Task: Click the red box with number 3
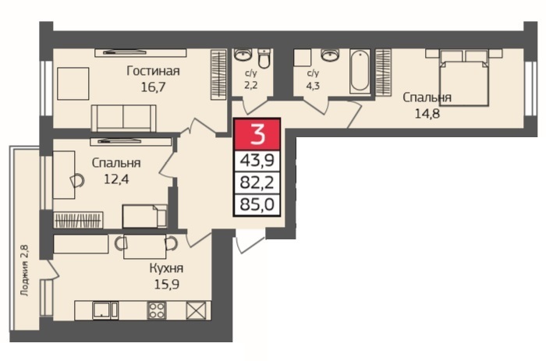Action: (x=257, y=134)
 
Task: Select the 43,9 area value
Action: (x=257, y=161)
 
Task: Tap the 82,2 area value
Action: (x=257, y=182)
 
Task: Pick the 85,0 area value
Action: (x=257, y=204)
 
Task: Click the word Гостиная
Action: (x=153, y=71)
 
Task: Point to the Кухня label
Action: (x=166, y=268)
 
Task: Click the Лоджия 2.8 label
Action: (x=24, y=271)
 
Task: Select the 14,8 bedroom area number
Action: (x=427, y=114)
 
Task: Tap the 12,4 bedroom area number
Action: (x=116, y=179)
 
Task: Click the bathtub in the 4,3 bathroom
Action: (x=360, y=72)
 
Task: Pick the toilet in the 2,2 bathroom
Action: (x=264, y=58)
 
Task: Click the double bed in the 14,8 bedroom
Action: (x=463, y=77)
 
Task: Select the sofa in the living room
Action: (x=123, y=118)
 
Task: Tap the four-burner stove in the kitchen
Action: (x=157, y=310)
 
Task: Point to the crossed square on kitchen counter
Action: (x=196, y=310)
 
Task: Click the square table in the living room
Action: (x=73, y=83)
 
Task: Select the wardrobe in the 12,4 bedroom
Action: (x=78, y=220)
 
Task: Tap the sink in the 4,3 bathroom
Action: (x=329, y=55)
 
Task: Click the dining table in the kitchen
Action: (x=144, y=246)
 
